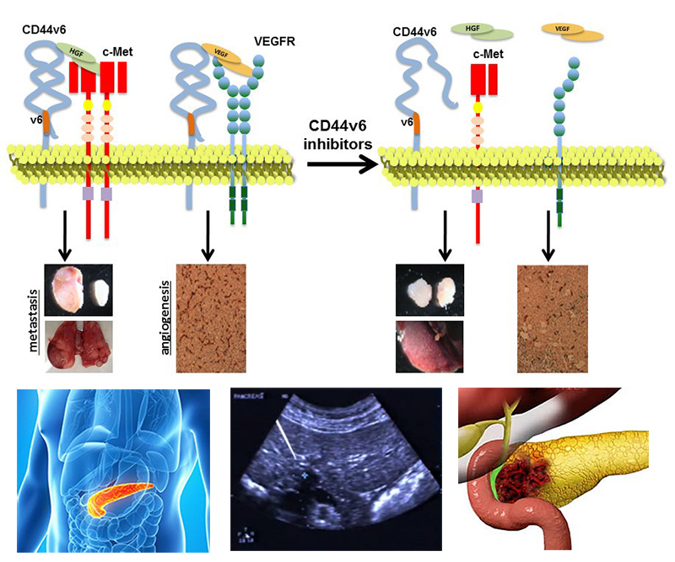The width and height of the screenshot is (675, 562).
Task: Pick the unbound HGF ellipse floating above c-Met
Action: (x=482, y=31)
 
